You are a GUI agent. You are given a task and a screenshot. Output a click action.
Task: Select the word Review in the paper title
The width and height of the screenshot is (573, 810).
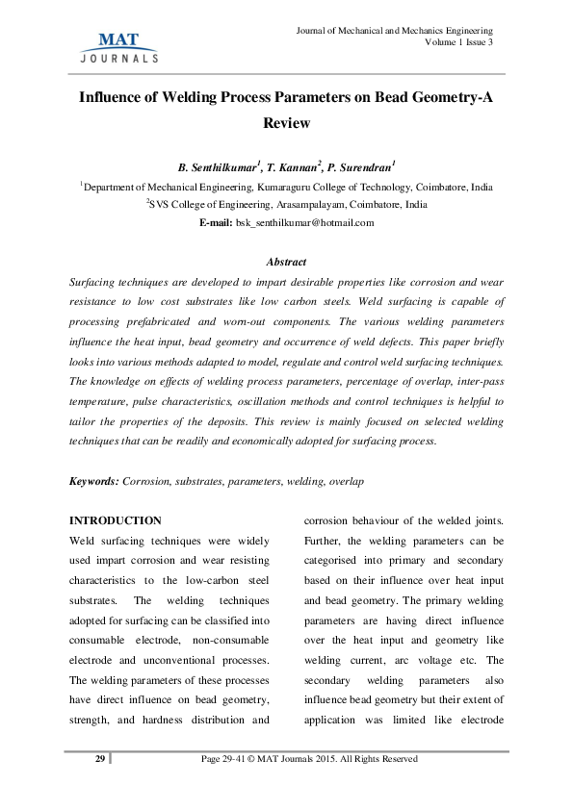click(x=286, y=123)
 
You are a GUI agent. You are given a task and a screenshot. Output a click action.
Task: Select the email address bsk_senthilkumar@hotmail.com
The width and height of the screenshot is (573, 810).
click(x=305, y=222)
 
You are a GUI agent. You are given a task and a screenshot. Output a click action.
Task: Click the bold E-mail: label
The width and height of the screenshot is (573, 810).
click(x=216, y=222)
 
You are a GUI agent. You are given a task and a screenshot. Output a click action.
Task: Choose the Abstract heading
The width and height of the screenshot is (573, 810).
click(x=286, y=262)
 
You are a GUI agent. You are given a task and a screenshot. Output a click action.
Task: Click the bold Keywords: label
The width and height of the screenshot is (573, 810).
click(x=94, y=480)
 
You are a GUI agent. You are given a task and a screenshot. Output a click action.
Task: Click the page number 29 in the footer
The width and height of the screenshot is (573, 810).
click(x=99, y=759)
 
